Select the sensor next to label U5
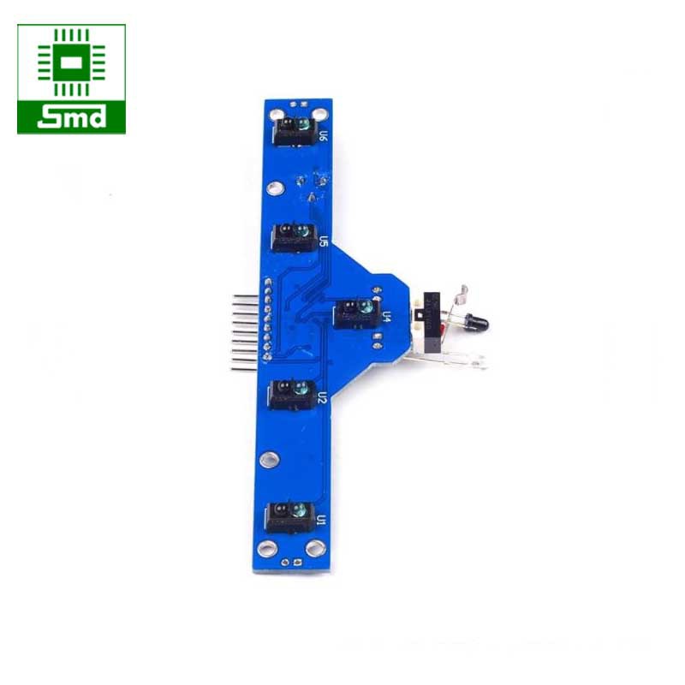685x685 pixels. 293,234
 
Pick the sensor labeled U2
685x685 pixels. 291,391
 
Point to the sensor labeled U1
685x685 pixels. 291,514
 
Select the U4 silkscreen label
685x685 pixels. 385,316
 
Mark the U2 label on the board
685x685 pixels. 322,397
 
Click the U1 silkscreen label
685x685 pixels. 321,520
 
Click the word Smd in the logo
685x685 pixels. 71,117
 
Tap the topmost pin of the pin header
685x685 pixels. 243,295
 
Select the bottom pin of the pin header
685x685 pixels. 243,367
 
